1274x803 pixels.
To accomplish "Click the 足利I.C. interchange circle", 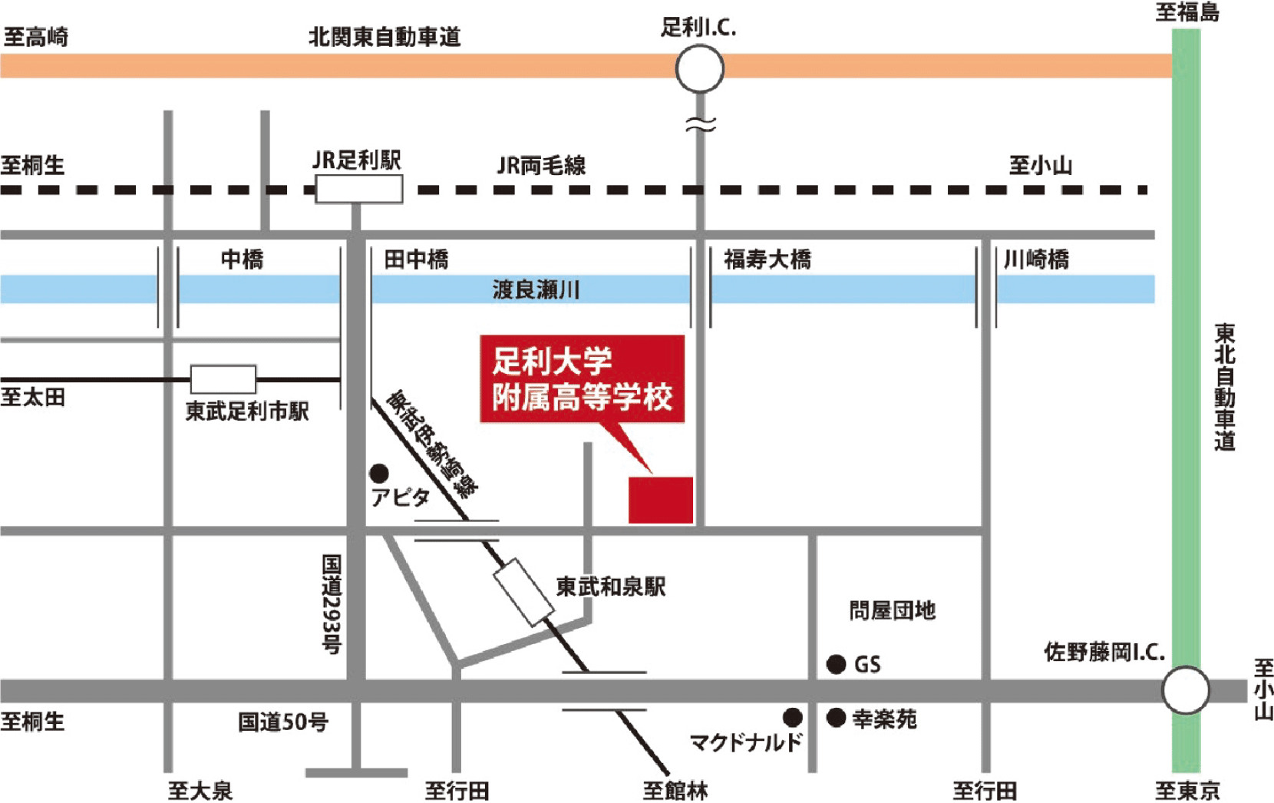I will [x=699, y=68].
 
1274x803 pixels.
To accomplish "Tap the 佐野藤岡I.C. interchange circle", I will [x=1185, y=690].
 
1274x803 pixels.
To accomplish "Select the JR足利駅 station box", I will [x=359, y=189].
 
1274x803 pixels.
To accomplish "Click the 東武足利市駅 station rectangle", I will [x=223, y=379].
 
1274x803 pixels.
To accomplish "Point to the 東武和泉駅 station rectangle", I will [x=524, y=592].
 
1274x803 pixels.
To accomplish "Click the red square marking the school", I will [x=661, y=500].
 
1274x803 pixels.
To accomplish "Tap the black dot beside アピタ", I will [x=379, y=473].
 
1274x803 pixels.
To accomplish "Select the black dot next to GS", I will [x=836, y=664].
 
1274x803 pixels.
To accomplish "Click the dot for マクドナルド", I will [x=793, y=718].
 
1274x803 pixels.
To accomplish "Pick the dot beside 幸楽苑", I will [x=836, y=718].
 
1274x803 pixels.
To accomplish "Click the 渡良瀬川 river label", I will [x=536, y=289].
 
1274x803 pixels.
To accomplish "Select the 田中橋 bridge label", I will [x=416, y=259].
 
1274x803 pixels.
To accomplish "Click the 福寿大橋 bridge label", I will [x=767, y=259].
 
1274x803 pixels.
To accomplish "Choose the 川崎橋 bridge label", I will [x=1036, y=259].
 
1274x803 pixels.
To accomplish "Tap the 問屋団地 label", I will [x=892, y=611].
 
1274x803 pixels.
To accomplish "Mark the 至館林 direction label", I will [x=675, y=790].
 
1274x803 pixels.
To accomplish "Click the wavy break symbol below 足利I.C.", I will [x=700, y=124].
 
